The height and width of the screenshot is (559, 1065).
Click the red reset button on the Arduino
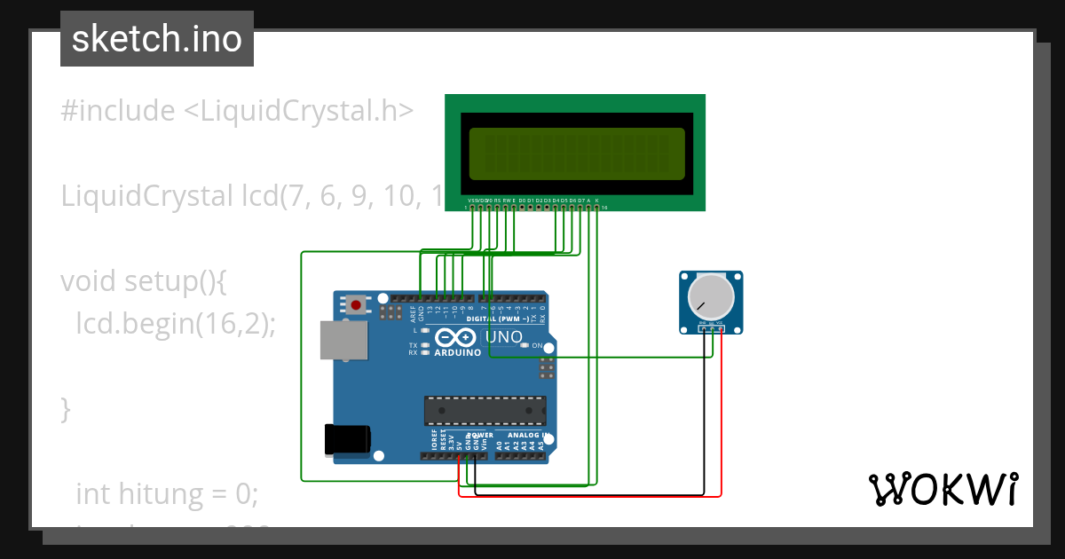click(x=356, y=305)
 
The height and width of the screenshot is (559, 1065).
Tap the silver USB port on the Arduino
click(x=343, y=340)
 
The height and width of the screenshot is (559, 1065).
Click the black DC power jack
click(x=347, y=439)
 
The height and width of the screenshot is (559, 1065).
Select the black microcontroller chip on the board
click(x=485, y=410)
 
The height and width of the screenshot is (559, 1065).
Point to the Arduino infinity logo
click(x=456, y=338)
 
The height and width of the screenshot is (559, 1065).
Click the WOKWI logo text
click(x=943, y=489)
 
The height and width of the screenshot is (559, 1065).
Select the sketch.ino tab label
click(x=157, y=39)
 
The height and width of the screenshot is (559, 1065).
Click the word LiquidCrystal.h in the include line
click(x=298, y=111)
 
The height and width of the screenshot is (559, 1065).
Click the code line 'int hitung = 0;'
click(x=167, y=493)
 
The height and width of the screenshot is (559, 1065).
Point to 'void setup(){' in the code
click(x=144, y=281)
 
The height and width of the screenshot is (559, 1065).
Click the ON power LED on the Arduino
click(x=525, y=345)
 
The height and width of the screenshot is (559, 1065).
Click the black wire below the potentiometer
click(x=704, y=417)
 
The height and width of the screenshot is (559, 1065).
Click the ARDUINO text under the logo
click(x=458, y=352)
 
